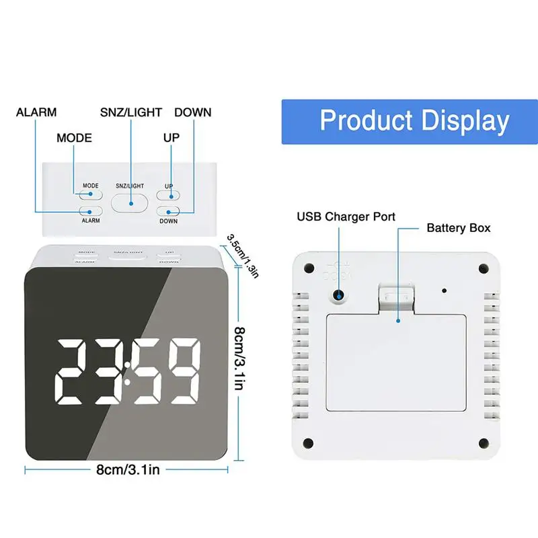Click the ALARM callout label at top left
36,112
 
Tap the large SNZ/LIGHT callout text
130,112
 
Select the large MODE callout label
74,138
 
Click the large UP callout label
171,138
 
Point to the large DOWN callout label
192,112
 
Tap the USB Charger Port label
346,217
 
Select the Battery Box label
459,228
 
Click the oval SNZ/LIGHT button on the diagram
129,201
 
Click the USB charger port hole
340,294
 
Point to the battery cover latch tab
396,296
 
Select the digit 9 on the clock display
185,372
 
